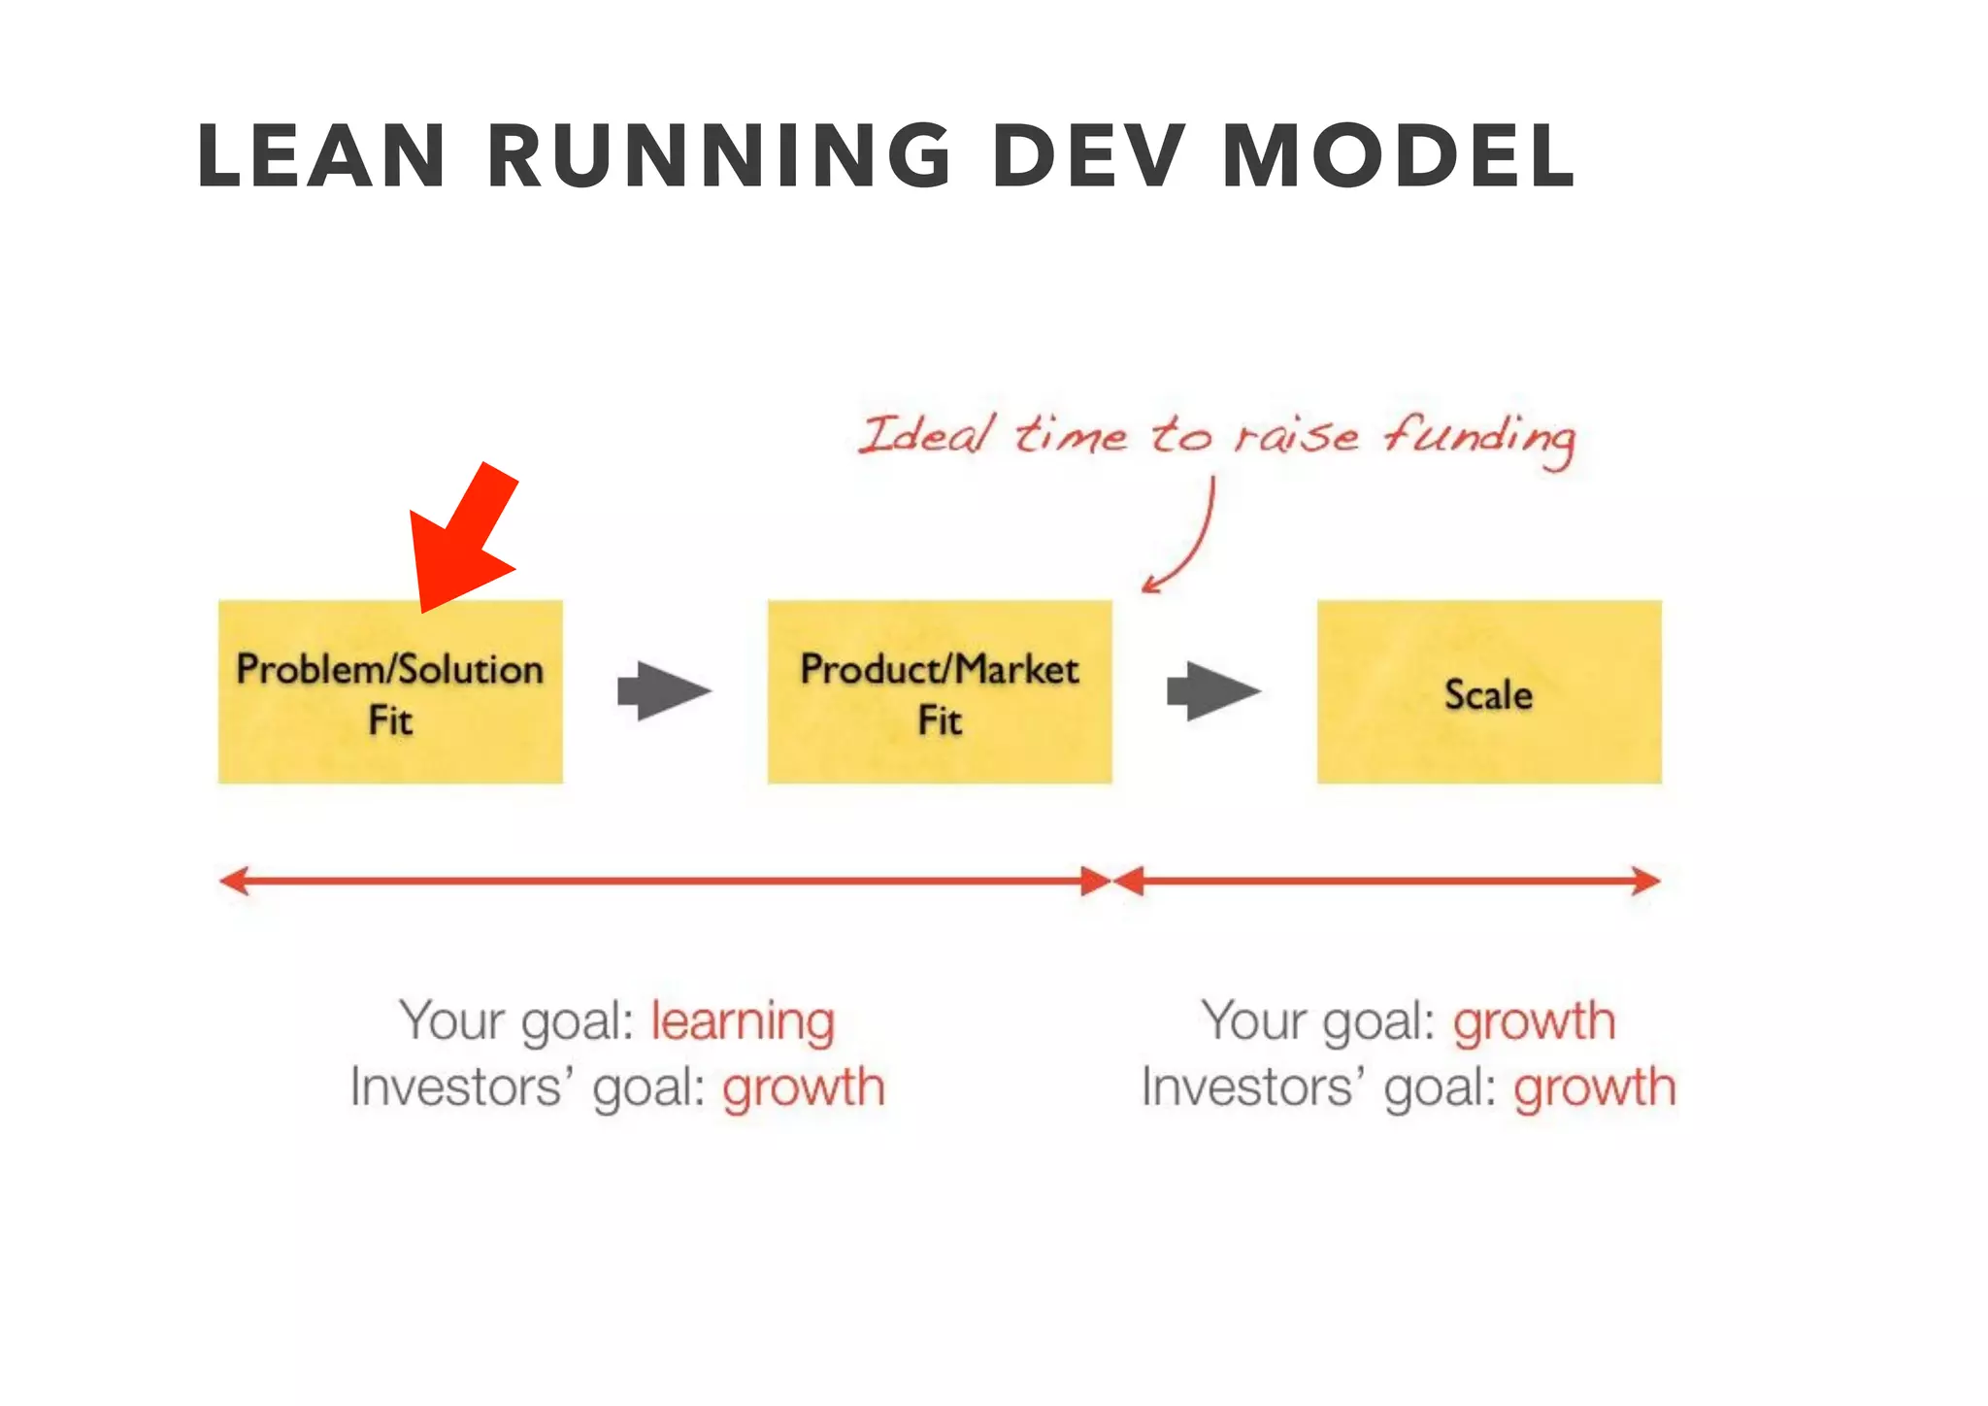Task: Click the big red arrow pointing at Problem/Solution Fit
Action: [x=464, y=540]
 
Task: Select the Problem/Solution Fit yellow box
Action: [x=390, y=691]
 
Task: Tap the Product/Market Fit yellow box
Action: [x=940, y=691]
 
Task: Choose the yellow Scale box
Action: [x=1488, y=691]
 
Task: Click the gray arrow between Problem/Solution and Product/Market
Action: [x=664, y=691]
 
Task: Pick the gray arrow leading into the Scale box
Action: [x=1213, y=691]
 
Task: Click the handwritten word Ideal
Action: [x=927, y=434]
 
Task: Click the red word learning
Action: [x=743, y=1022]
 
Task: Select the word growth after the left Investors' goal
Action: [x=804, y=1088]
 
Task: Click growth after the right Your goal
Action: [x=1534, y=1022]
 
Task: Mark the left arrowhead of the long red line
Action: [x=234, y=881]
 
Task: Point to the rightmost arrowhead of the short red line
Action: [x=1646, y=881]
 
